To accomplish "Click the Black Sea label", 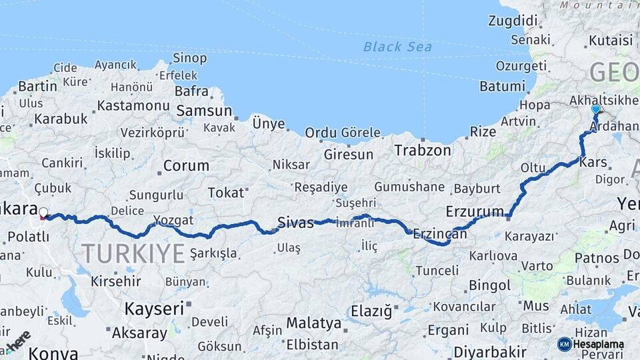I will click(397, 47).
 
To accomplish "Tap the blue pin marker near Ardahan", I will click(595, 109).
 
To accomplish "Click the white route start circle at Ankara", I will click(43, 213).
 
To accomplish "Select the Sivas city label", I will click(295, 223).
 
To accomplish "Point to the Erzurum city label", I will click(475, 211).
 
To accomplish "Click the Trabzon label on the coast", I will click(423, 150).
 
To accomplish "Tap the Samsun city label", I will click(204, 111).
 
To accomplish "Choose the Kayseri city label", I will click(154, 309).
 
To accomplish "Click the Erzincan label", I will click(439, 233).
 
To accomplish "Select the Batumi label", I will click(503, 86).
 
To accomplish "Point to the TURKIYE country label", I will click(133, 253).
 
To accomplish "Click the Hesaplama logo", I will click(587, 344).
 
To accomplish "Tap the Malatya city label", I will click(314, 323).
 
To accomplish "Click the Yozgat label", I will click(173, 220).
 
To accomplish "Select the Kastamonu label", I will click(133, 105).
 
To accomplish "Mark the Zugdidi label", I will click(513, 21).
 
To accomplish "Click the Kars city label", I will click(593, 162).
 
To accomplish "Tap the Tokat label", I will click(226, 193).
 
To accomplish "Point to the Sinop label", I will click(189, 58).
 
